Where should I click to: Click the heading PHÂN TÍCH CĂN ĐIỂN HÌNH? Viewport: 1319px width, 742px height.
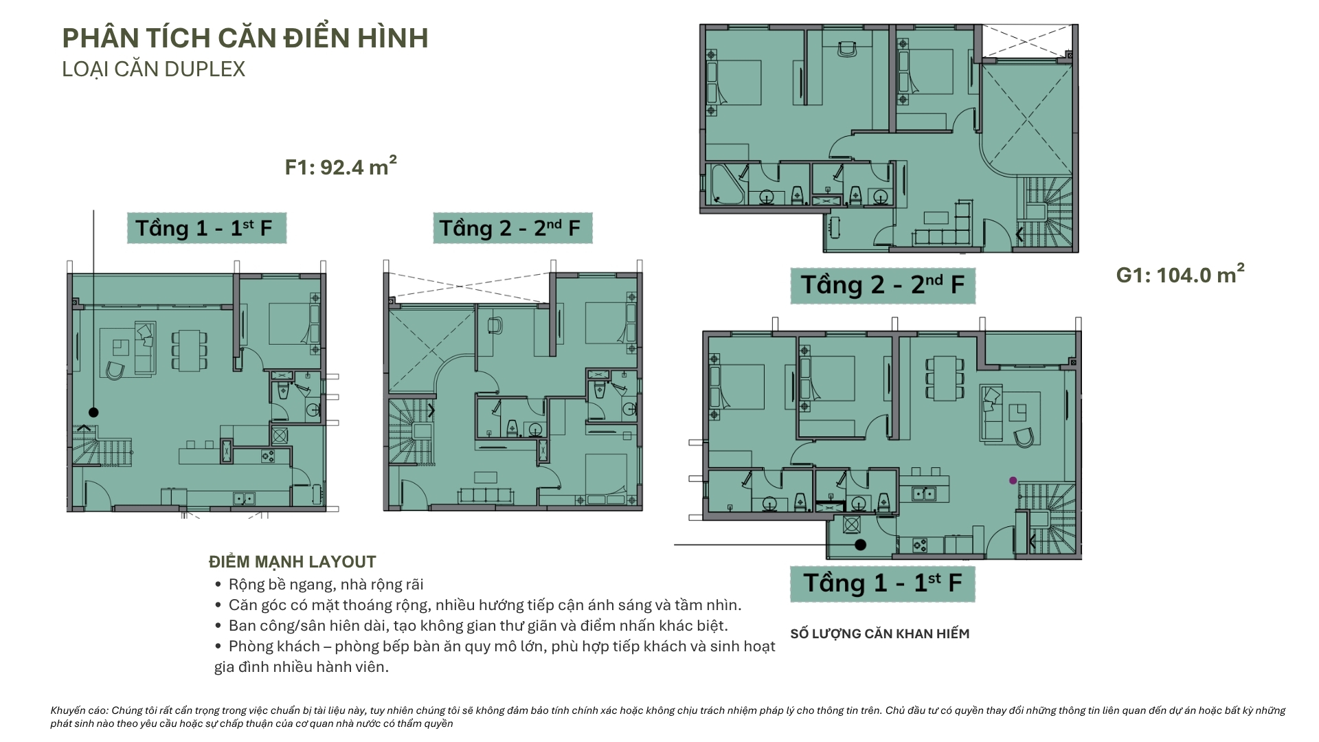[x=245, y=38]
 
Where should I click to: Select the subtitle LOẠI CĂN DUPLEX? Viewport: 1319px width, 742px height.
[x=153, y=69]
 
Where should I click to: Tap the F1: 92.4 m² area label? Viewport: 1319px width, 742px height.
[x=341, y=166]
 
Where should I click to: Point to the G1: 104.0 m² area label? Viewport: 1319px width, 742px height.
[x=1180, y=274]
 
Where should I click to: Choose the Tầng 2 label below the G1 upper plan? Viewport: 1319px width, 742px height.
[x=883, y=284]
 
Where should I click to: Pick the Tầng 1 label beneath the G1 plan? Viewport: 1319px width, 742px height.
[x=883, y=583]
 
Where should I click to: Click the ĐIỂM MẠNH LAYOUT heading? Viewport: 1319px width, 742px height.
[x=293, y=562]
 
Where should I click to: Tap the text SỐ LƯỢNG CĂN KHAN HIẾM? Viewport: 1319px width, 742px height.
[x=880, y=633]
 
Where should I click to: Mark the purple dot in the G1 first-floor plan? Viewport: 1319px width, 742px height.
[x=1013, y=480]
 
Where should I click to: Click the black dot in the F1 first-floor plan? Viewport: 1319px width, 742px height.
[x=93, y=412]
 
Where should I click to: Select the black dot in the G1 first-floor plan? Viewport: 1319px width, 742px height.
[x=860, y=545]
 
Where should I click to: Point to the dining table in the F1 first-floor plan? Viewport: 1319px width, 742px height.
[x=189, y=348]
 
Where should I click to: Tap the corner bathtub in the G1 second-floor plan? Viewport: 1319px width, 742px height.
[x=727, y=184]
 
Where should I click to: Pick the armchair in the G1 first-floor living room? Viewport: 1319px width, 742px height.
[x=1024, y=437]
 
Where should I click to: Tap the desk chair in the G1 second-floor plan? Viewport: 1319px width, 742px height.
[x=847, y=49]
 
